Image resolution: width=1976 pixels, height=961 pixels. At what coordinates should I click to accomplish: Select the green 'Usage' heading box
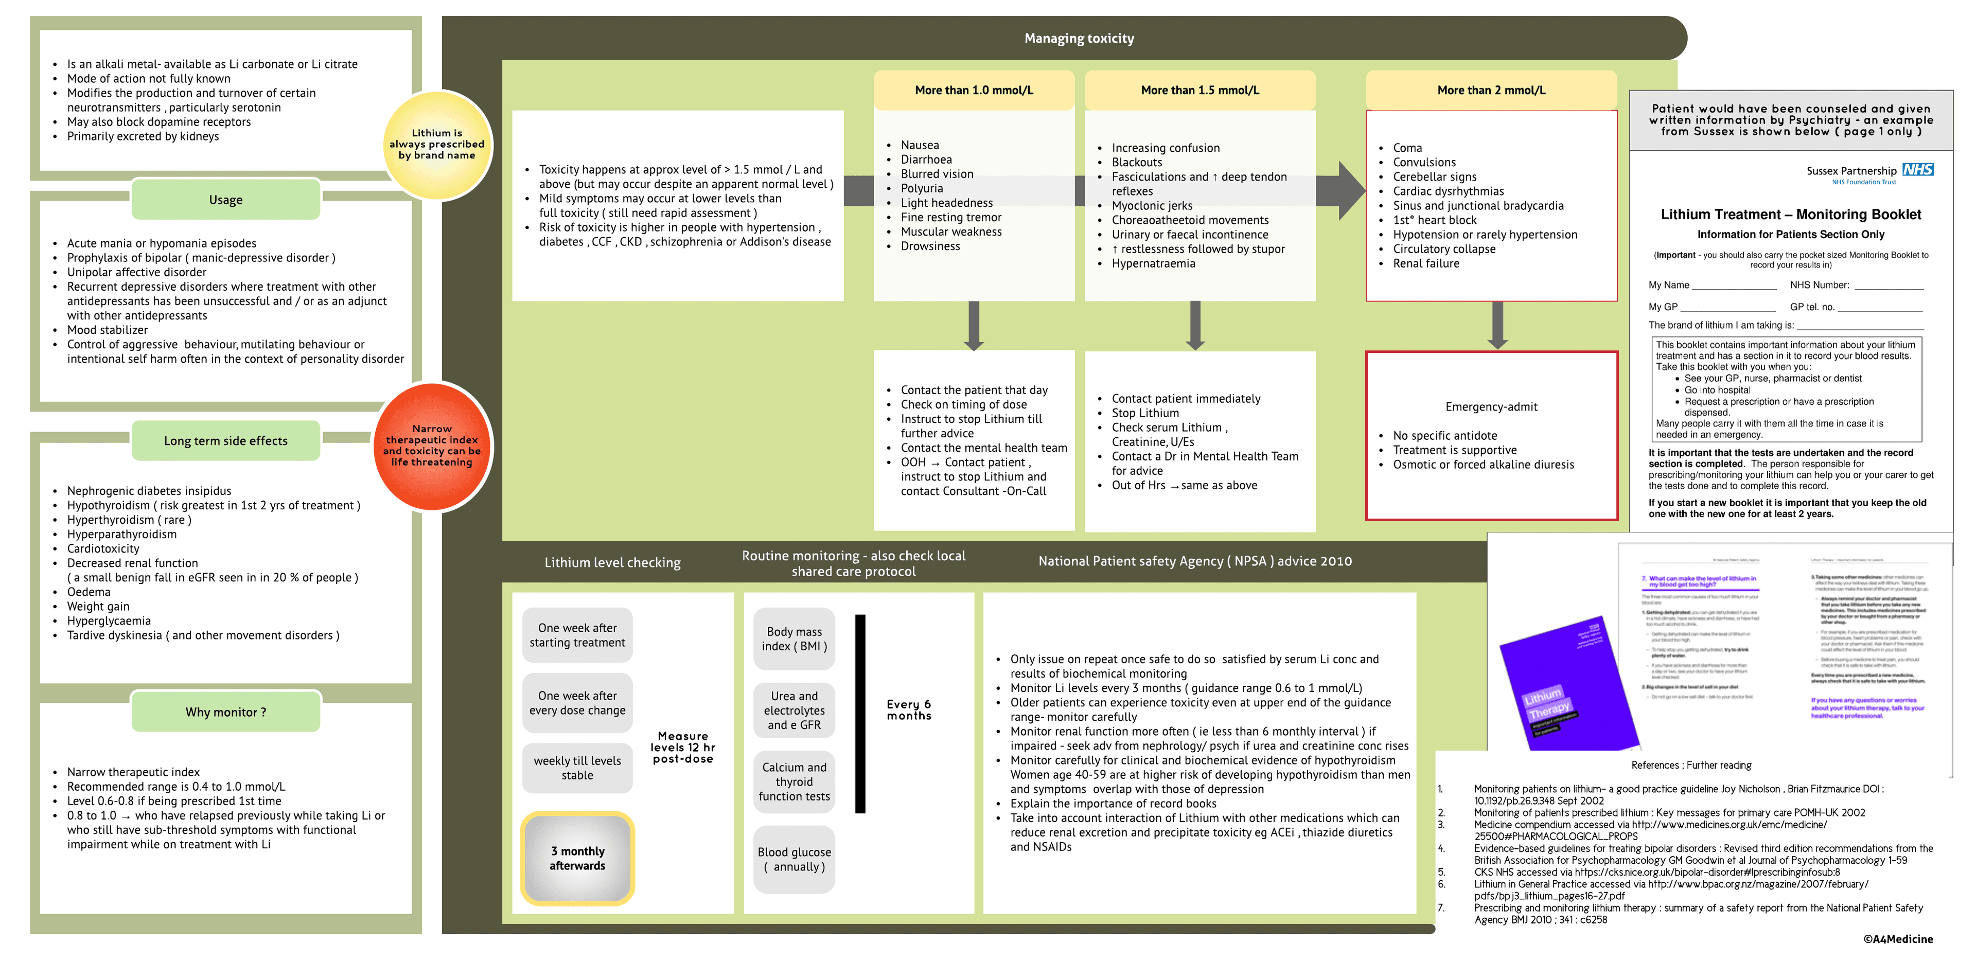[225, 200]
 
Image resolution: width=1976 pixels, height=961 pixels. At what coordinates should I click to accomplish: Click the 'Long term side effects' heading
[225, 440]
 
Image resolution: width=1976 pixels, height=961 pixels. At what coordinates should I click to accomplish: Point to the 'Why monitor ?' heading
[225, 711]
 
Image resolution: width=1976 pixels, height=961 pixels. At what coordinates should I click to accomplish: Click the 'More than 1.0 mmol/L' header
[974, 90]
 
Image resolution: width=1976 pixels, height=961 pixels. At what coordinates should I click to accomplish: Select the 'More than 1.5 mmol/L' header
[1199, 90]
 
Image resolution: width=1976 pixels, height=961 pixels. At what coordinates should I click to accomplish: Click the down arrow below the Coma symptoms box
[1496, 326]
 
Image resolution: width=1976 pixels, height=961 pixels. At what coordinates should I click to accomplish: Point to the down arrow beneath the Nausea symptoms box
[974, 326]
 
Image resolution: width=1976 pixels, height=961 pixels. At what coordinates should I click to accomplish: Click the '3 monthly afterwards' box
[577, 858]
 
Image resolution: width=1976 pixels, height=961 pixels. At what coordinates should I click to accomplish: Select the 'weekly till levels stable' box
[577, 768]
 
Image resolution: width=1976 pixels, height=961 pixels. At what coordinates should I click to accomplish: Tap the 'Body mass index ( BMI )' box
[794, 639]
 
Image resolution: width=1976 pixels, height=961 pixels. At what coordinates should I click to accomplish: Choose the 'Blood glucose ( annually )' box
[794, 859]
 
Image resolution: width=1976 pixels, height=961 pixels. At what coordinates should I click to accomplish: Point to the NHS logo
[1918, 169]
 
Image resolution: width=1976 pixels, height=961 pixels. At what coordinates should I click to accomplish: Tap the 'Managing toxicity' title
[1079, 39]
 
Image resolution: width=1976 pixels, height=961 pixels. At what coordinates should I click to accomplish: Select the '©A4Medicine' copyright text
[1898, 939]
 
